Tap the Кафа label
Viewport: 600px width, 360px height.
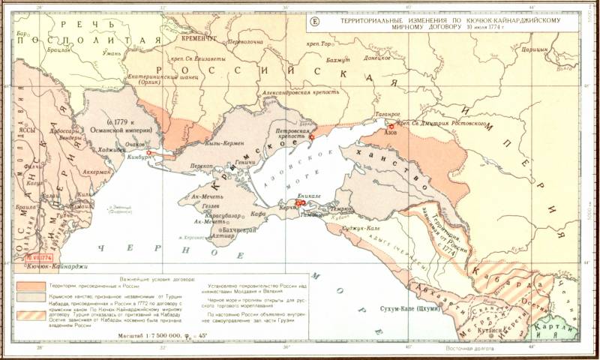tap(260, 213)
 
